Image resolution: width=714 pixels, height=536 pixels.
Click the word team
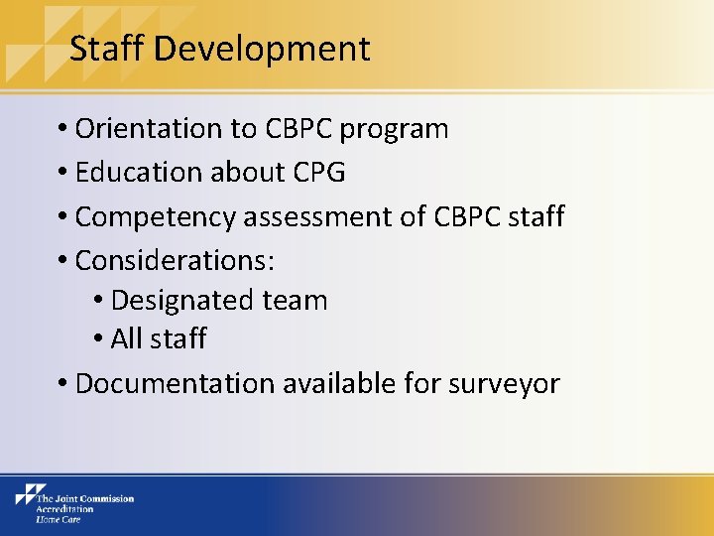click(295, 301)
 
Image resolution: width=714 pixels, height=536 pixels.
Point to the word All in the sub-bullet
click(127, 338)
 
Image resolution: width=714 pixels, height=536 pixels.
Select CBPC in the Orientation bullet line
click(300, 129)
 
